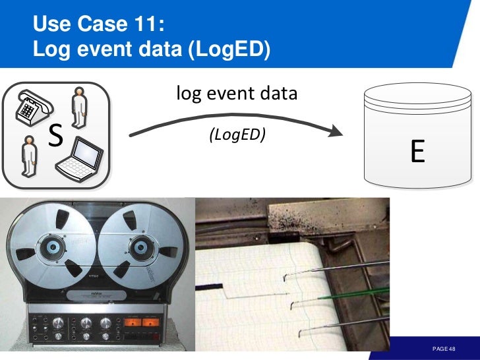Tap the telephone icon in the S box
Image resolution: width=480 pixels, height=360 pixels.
(30, 105)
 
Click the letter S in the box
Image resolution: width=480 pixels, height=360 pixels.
(56, 136)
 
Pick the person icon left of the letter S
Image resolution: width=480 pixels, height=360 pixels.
(28, 156)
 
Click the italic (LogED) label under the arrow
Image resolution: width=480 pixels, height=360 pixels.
(237, 135)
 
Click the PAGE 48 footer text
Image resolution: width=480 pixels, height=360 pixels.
(444, 348)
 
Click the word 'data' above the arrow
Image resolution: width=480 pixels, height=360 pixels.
(281, 94)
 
